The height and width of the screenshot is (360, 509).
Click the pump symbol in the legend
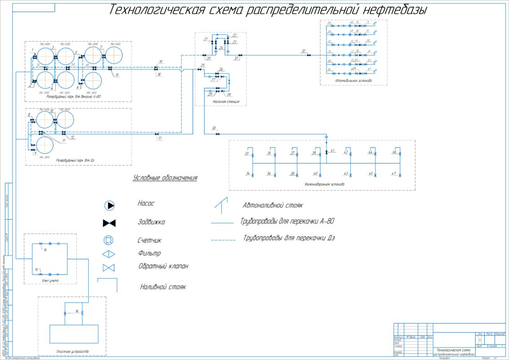tap(110, 206)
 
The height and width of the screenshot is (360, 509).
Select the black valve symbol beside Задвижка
tap(109, 223)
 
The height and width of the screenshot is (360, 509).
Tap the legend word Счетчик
tap(150, 240)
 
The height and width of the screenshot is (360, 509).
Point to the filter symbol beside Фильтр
tap(109, 254)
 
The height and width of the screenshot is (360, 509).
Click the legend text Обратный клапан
tap(164, 266)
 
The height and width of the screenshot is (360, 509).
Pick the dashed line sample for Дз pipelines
tap(223, 240)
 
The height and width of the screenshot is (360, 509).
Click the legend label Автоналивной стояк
tap(273, 205)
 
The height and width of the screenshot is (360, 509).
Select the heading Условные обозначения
tap(165, 178)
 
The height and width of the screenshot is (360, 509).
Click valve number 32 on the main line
tap(308, 55)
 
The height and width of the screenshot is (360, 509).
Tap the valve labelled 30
tap(218, 134)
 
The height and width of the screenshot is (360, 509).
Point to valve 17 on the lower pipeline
tap(156, 134)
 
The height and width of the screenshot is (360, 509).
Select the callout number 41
tap(333, 151)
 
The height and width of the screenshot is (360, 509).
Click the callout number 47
tap(394, 173)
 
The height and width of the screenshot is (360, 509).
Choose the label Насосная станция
tap(226, 102)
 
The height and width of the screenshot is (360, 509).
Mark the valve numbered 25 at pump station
tap(199, 70)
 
